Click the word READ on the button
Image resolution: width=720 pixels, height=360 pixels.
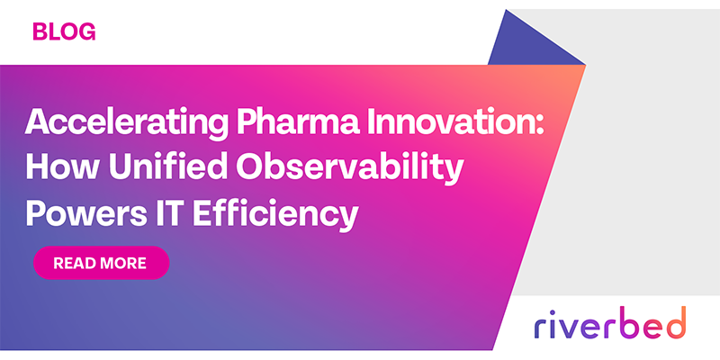[75, 263]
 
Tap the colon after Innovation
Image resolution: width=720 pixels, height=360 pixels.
[540, 124]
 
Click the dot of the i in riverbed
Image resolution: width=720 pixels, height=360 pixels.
[551, 310]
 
